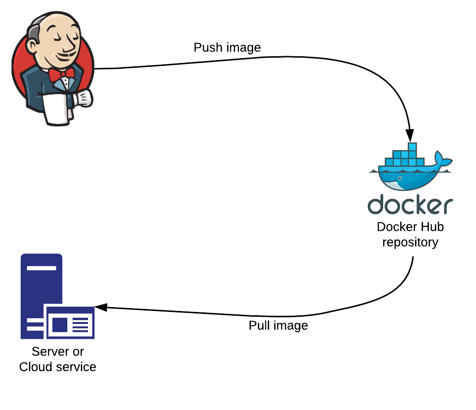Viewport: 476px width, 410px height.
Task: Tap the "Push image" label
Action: [x=227, y=48]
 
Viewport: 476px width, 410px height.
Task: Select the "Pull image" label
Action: [x=278, y=325]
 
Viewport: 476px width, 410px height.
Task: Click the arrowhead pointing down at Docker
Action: [x=410, y=136]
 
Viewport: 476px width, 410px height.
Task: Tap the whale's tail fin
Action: [x=441, y=159]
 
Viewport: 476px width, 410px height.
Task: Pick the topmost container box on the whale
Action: [x=412, y=147]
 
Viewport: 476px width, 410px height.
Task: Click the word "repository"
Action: [x=410, y=242]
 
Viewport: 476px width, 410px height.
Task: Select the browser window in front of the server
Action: [x=69, y=322]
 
